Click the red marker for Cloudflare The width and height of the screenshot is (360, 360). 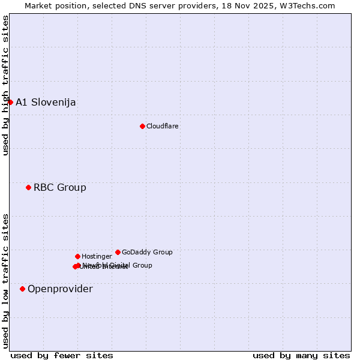click(142, 126)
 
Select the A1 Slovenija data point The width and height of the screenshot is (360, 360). click(10, 102)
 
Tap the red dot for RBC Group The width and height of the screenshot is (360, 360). click(28, 188)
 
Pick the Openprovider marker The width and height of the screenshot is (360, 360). click(22, 289)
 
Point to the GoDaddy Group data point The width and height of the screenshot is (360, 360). click(118, 253)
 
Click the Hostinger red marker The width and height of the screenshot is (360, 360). click(77, 257)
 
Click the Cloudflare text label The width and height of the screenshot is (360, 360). click(163, 127)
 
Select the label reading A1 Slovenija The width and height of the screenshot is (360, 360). click(46, 103)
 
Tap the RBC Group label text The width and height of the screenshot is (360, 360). click(60, 188)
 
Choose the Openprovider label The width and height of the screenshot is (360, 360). click(60, 289)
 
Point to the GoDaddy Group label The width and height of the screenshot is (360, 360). click(147, 253)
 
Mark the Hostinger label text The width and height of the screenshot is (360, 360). click(97, 257)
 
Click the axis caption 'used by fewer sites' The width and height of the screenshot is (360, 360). click(62, 356)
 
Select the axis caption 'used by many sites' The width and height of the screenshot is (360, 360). click(301, 356)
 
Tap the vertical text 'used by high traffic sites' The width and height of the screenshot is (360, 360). click(6, 86)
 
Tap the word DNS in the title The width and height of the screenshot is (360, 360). click(137, 5)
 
